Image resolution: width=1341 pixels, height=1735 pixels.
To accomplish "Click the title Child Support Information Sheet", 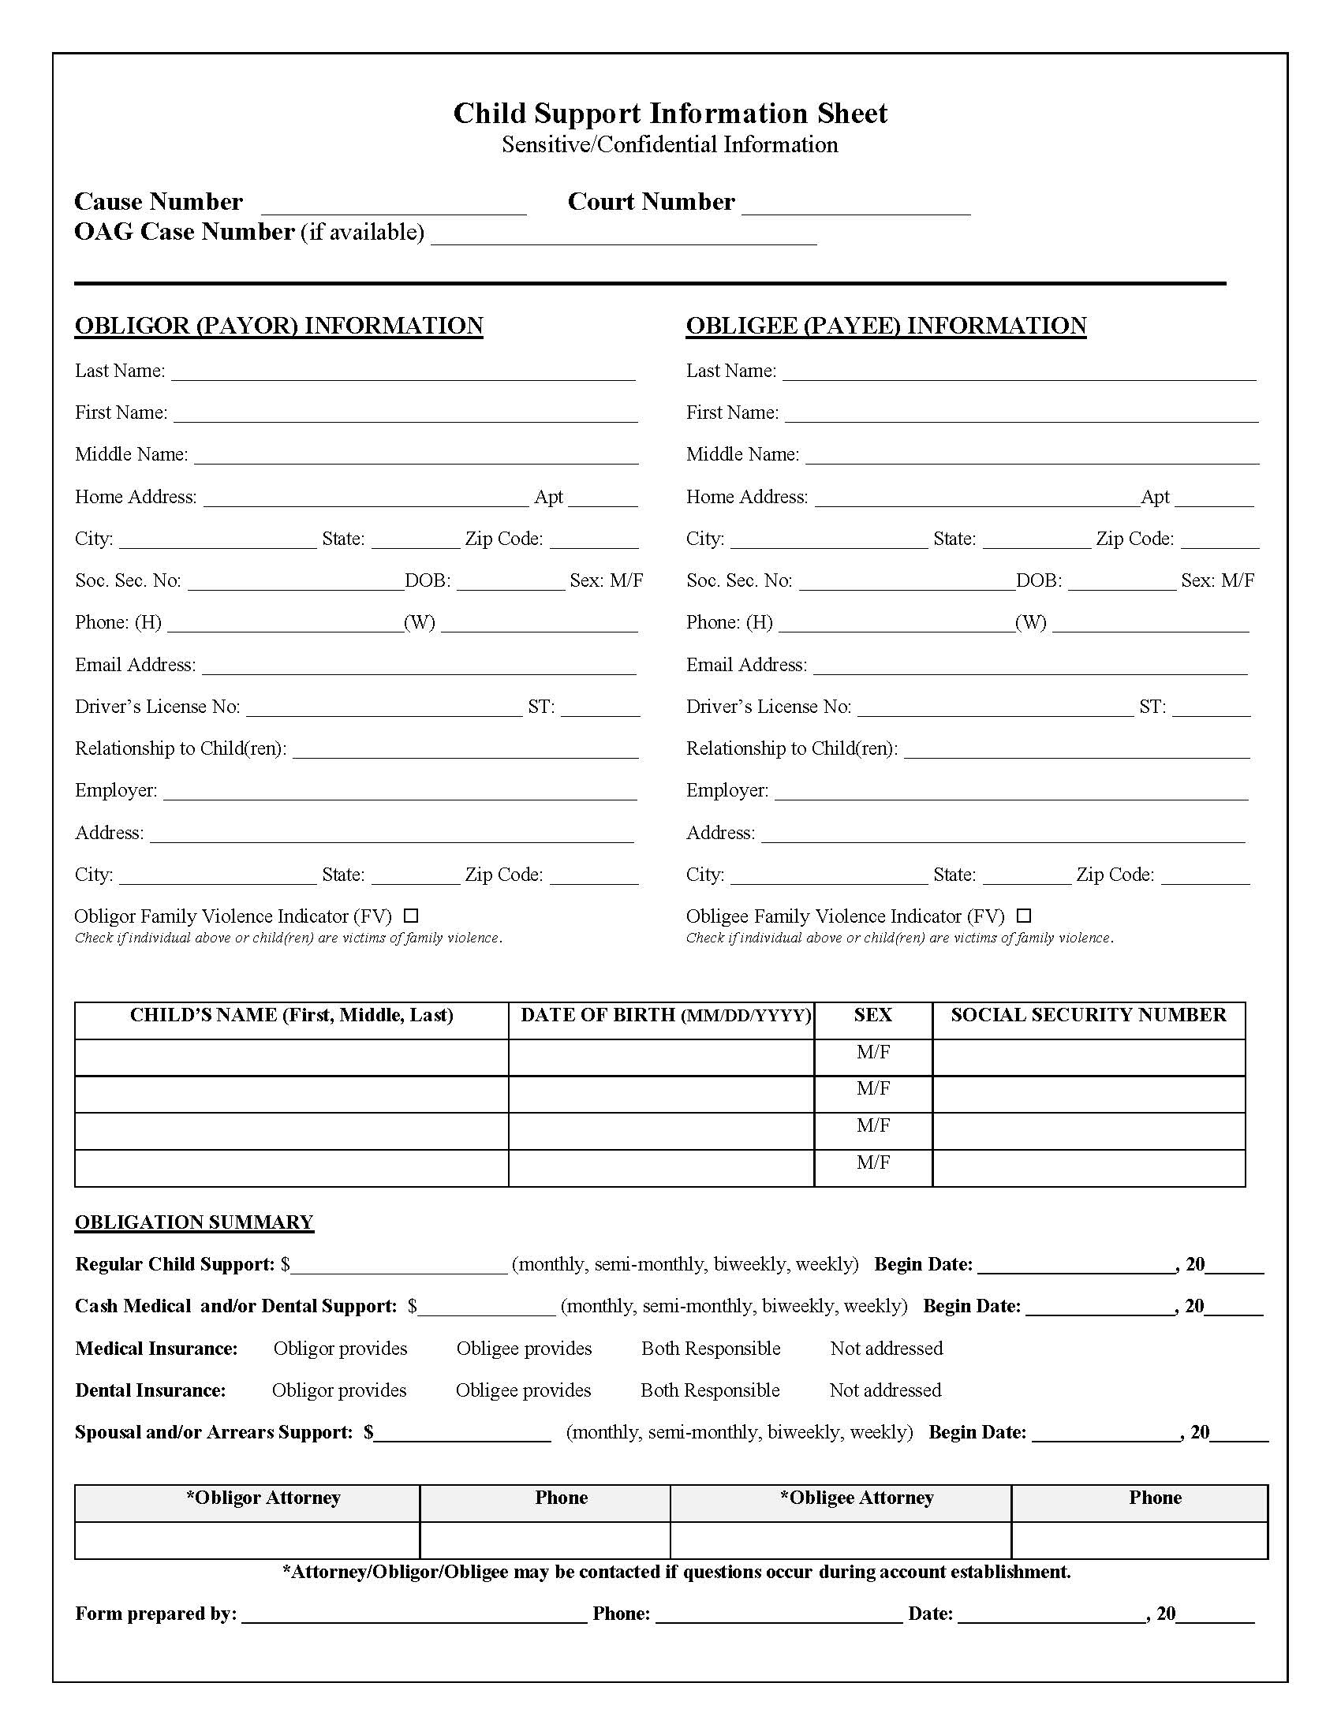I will point(670,114).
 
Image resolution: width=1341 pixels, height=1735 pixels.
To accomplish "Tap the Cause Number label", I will point(158,202).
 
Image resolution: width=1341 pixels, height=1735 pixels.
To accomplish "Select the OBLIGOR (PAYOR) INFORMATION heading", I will point(278,326).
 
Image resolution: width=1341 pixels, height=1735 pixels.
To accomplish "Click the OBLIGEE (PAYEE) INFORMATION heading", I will point(886,326).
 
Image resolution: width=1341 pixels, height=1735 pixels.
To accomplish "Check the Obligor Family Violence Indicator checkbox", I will point(411,916).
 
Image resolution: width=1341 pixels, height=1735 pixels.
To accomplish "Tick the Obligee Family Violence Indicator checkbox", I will point(1024,916).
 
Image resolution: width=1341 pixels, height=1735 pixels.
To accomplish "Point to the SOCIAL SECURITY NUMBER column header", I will point(1088,1015).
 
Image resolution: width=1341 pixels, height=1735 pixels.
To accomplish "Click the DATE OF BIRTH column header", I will point(665,1015).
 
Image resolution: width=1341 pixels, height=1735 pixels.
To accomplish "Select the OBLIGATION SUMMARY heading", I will point(194,1222).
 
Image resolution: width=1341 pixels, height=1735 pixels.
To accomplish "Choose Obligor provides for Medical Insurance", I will point(340,1348).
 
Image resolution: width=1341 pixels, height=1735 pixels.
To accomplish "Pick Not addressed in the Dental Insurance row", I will point(885,1390).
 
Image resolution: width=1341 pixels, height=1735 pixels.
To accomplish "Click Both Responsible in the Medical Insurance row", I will point(710,1348).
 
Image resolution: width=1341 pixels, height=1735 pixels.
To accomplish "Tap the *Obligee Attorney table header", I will point(857,1498).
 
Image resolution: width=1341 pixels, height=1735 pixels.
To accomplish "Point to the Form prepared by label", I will point(155,1614).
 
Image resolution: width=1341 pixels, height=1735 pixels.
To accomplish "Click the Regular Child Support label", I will point(175,1264).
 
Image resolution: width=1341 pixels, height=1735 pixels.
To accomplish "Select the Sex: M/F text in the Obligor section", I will point(606,580).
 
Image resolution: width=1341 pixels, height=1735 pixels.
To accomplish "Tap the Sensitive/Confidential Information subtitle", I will point(670,144).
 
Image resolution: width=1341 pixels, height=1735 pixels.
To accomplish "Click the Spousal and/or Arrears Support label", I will point(214,1432).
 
